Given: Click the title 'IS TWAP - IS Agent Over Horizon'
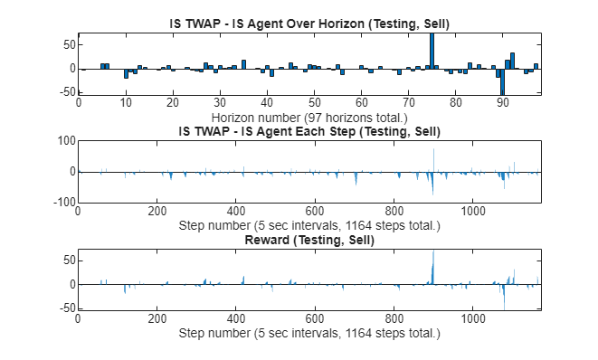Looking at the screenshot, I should (309, 24).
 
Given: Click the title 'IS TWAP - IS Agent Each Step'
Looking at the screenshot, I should (309, 131).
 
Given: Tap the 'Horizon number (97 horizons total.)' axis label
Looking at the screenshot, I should (309, 117).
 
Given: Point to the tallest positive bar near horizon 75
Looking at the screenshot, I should (432, 50).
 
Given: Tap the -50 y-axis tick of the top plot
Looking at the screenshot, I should (65, 92).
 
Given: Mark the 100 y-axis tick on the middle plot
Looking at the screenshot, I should (63, 140).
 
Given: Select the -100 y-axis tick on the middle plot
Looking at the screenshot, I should (62, 202).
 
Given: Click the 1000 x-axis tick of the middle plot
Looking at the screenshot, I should (472, 211).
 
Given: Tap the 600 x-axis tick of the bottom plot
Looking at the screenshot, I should (315, 319).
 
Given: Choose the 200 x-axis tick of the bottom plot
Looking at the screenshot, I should (157, 319).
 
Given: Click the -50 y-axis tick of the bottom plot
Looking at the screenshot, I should (65, 308).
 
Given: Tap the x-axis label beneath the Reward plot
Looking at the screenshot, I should (309, 333).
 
